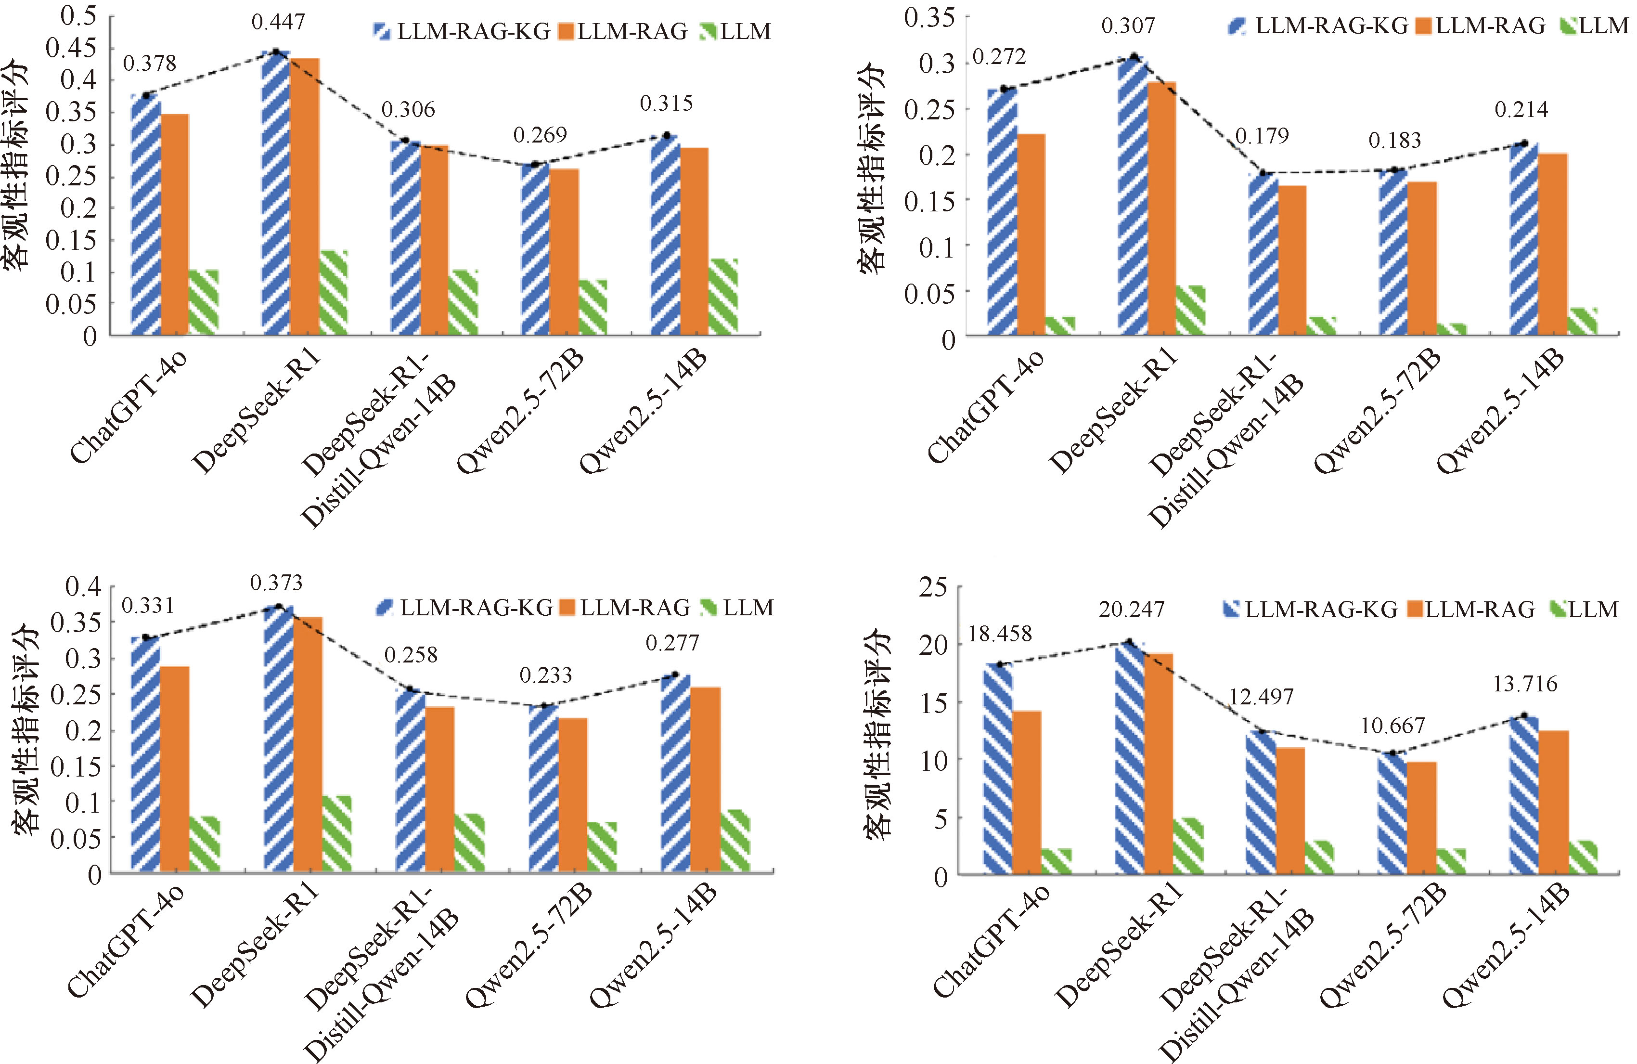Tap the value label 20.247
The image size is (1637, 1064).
tap(1132, 610)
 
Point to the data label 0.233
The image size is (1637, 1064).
tap(545, 675)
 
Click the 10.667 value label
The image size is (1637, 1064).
tap(1393, 726)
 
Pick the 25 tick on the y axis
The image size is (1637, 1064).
tap(933, 587)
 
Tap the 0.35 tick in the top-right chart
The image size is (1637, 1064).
tap(929, 18)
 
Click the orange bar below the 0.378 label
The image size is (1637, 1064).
tap(175, 224)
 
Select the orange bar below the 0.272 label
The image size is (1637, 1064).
tap(1031, 234)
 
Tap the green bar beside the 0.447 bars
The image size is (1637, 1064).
tap(334, 292)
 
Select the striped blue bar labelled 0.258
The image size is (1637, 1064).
tap(411, 780)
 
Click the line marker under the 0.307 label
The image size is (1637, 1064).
tap(1134, 56)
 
